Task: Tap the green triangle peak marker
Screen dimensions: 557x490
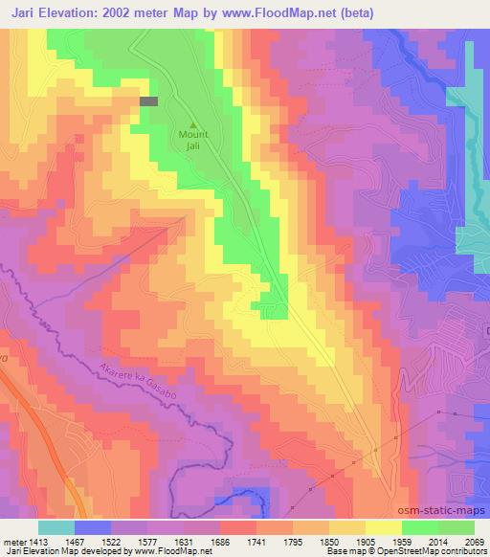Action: [195, 124]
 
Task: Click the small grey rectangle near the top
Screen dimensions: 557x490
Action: [148, 100]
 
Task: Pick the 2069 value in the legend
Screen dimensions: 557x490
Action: [476, 541]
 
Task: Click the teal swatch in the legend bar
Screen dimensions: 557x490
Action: [56, 527]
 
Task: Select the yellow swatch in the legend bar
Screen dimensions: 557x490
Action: [384, 527]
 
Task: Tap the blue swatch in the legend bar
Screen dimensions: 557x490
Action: [93, 527]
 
